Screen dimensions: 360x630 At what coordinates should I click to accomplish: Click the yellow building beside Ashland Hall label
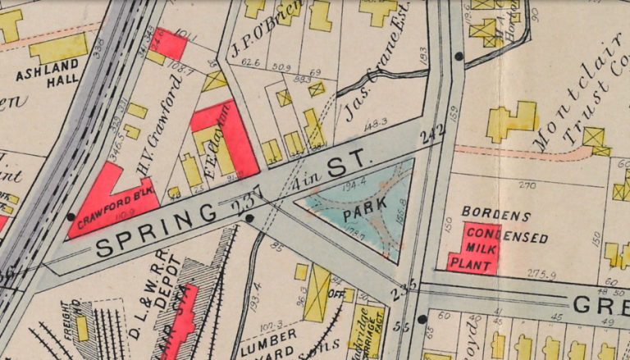[x=58, y=48]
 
